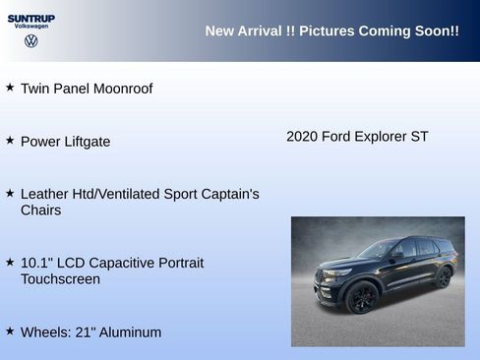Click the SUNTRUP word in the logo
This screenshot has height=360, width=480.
(31, 18)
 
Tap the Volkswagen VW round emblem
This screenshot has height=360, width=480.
(31, 41)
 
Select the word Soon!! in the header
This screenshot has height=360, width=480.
(434, 31)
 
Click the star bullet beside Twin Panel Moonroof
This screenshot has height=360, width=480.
(10, 88)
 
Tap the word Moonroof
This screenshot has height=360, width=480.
(122, 89)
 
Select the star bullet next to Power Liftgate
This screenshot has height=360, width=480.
(10, 141)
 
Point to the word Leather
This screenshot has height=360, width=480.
(45, 194)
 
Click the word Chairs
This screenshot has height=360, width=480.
(40, 210)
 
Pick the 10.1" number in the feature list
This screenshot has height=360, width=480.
(39, 263)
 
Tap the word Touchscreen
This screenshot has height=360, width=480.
(60, 279)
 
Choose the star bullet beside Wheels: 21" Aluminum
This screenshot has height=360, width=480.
(10, 331)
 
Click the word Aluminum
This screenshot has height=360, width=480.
(127, 332)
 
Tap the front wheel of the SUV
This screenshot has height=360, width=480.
(362, 296)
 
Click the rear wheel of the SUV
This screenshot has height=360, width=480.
(443, 276)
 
